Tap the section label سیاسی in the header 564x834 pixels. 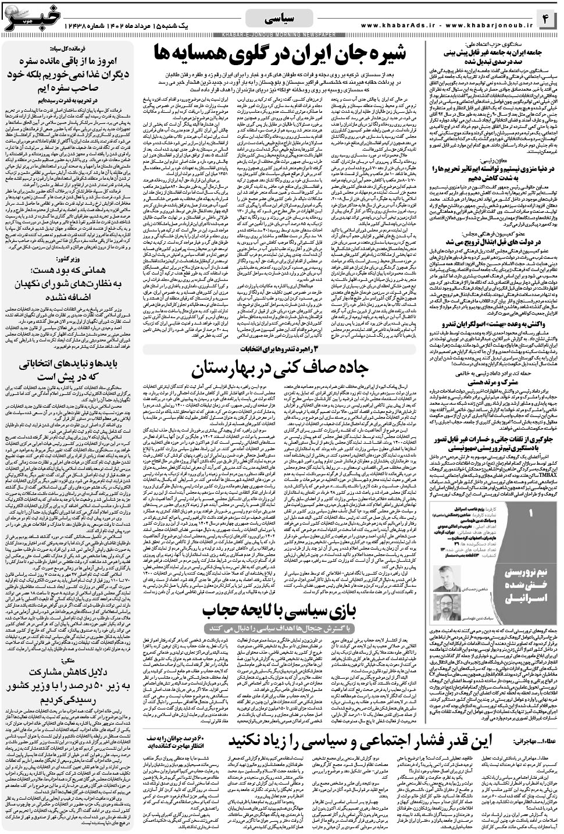(x=282, y=19)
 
